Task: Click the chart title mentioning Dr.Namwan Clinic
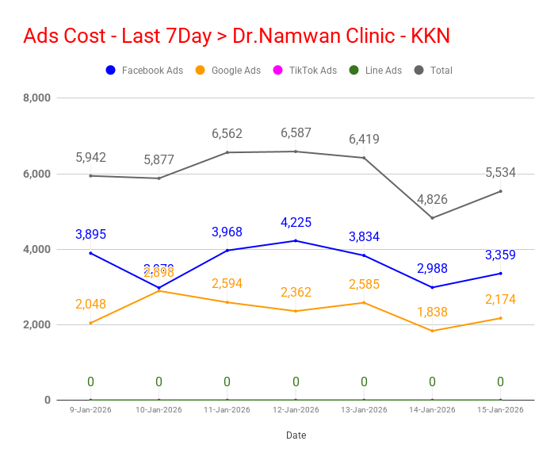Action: [x=237, y=36]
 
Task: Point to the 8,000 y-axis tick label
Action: [x=36, y=98]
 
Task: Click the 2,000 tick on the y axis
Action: [x=36, y=325]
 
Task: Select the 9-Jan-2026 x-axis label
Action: [x=90, y=410]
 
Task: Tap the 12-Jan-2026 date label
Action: [x=296, y=410]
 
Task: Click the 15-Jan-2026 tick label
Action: [x=500, y=410]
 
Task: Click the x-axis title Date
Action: [x=296, y=435]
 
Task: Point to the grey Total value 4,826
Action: [x=432, y=199]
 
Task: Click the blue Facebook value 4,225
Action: [x=296, y=222]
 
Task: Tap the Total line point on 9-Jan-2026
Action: [x=90, y=176]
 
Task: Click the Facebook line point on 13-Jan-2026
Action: [x=364, y=255]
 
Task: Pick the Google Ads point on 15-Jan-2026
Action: [x=500, y=318]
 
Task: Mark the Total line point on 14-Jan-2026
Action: [x=432, y=217]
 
